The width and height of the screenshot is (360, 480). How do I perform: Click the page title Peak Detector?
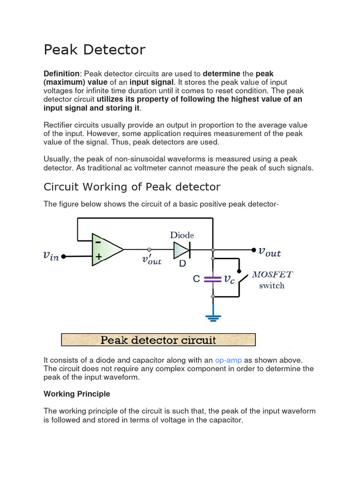(x=95, y=50)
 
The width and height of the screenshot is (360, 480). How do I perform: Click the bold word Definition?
(x=61, y=74)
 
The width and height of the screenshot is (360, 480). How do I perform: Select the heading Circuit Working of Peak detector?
(x=132, y=187)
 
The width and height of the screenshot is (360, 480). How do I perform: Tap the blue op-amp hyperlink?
(x=228, y=360)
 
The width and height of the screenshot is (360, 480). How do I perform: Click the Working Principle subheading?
(x=77, y=394)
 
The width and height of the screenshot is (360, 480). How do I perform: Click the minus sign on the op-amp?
(x=98, y=242)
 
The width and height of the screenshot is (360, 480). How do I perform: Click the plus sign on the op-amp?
(x=98, y=257)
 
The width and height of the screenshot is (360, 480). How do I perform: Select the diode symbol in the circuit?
(x=181, y=250)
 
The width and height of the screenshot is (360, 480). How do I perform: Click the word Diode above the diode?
(x=182, y=235)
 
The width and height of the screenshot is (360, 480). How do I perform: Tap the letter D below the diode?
(x=182, y=264)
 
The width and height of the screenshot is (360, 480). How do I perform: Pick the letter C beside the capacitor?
(x=196, y=279)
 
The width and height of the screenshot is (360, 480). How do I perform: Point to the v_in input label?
(x=51, y=256)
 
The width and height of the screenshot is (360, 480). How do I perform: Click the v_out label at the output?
(x=270, y=252)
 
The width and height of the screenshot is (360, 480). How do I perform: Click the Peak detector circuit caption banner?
(x=158, y=339)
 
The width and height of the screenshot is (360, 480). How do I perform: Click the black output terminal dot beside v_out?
(x=254, y=250)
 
